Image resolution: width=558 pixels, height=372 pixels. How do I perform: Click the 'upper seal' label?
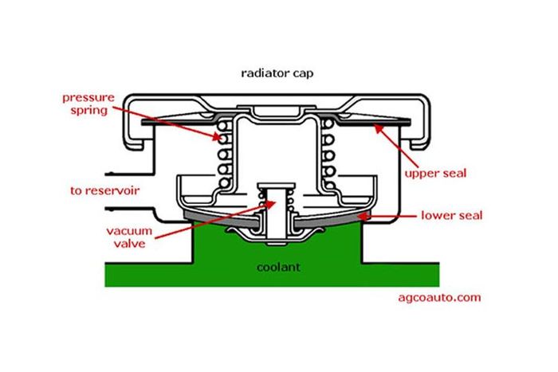[435, 172]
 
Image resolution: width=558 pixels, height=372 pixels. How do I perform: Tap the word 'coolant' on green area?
[279, 268]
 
